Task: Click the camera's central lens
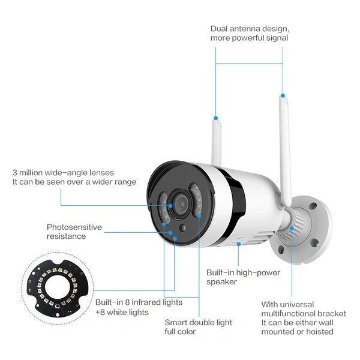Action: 181,204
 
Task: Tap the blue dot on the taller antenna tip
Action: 283,95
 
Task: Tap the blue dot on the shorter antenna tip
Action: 215,118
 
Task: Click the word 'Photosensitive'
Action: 74,227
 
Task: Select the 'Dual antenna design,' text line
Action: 250,29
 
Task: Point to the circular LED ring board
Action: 58,288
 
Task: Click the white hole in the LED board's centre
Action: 58,287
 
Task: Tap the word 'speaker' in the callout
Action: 221,282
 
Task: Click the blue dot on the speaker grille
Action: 239,244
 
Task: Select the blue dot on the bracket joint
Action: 292,229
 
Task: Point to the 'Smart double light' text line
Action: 199,323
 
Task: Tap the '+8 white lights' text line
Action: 122,313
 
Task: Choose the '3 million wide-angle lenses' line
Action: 63,173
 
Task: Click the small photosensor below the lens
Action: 183,228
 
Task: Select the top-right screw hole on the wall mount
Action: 313,206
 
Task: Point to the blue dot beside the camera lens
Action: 170,206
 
